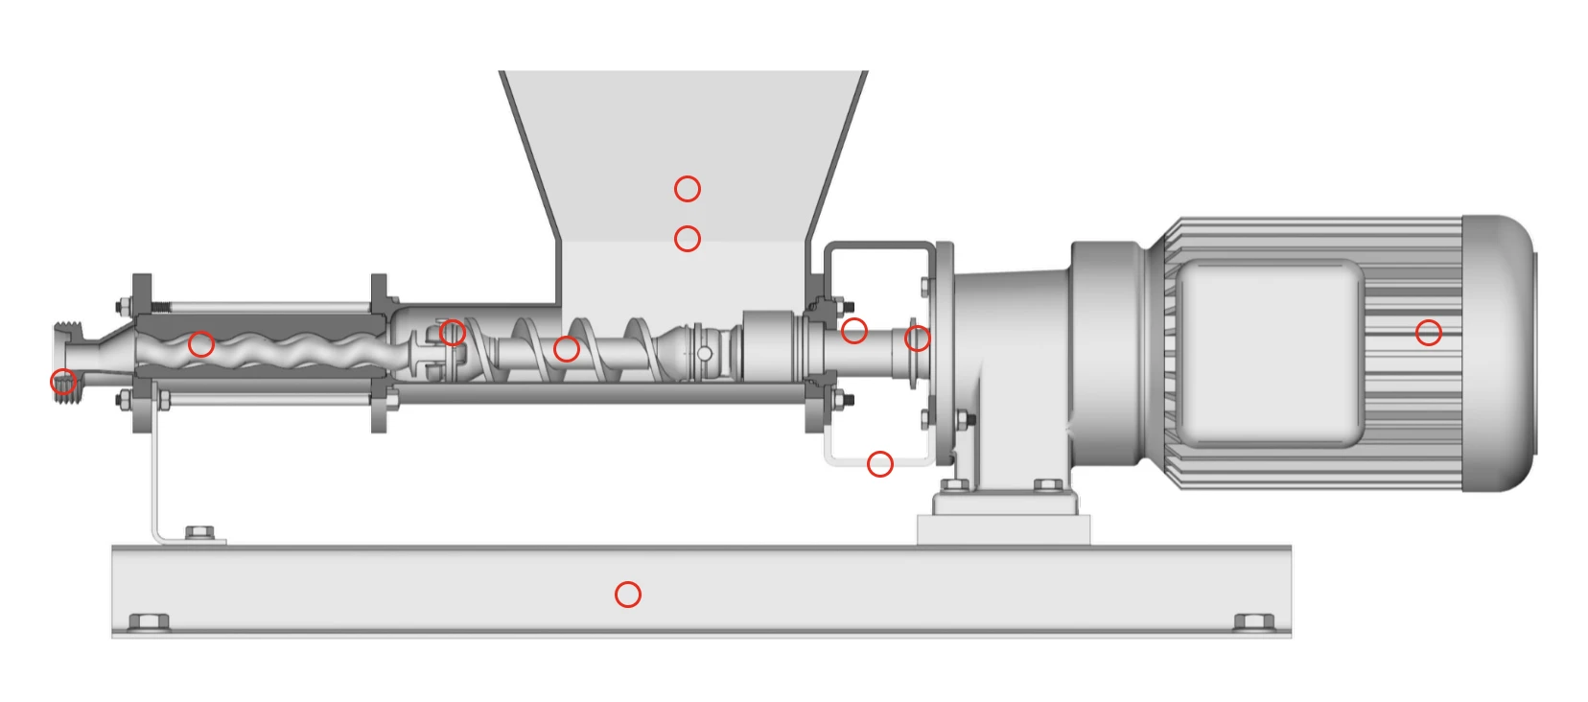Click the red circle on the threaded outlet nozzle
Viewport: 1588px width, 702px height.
coord(63,382)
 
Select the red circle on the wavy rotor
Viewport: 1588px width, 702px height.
coord(200,343)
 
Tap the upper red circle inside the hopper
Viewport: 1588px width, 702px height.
coord(687,188)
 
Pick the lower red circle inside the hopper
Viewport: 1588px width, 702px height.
coord(687,238)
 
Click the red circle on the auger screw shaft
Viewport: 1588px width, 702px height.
coord(566,348)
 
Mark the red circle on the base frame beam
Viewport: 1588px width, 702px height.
coord(627,594)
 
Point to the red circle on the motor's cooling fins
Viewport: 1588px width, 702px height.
coord(1428,332)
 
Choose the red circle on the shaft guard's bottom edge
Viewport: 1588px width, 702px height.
coord(879,463)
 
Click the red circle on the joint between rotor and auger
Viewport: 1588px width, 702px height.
coord(453,332)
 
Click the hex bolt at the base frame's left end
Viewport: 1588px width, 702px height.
coord(149,621)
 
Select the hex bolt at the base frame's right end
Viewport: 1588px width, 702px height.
coord(1252,621)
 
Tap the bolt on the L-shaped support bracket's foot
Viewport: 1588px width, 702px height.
coord(198,531)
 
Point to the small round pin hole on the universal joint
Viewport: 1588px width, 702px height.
coord(704,354)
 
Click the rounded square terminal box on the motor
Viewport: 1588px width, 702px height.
coord(1270,353)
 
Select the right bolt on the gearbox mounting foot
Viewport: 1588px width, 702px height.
coord(1047,486)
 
